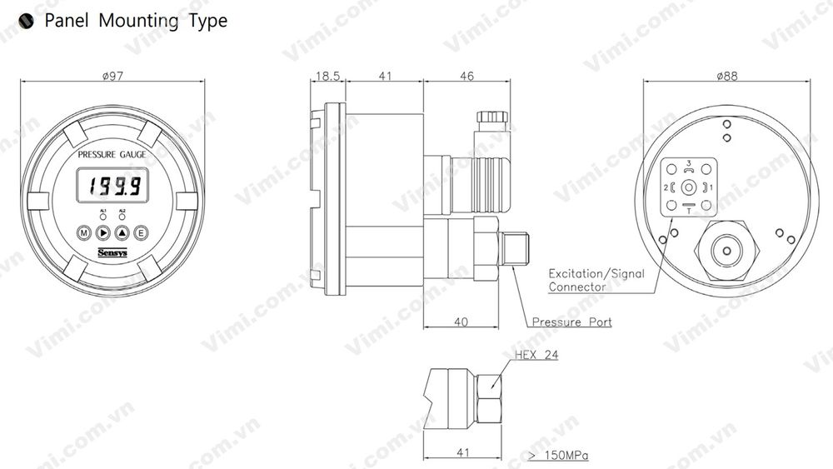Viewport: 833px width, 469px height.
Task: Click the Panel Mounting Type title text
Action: (135, 21)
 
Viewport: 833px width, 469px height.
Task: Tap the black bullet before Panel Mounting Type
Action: (26, 22)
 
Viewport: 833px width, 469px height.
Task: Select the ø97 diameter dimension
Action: (112, 76)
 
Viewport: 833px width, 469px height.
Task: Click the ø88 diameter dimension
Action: (726, 76)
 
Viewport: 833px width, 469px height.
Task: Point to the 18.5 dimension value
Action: (327, 76)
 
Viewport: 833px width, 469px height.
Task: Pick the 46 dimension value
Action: (466, 76)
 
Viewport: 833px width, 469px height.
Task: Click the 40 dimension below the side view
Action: (461, 322)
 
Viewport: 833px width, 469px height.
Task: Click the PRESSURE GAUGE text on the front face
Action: (112, 156)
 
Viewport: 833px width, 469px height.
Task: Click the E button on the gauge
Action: (141, 233)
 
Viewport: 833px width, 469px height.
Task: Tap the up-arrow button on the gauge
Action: (122, 233)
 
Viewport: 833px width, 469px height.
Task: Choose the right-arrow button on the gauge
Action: (103, 233)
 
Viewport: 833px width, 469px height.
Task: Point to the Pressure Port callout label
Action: (571, 322)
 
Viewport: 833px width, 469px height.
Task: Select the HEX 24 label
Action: (536, 356)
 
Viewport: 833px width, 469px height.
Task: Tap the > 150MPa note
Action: (559, 456)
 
